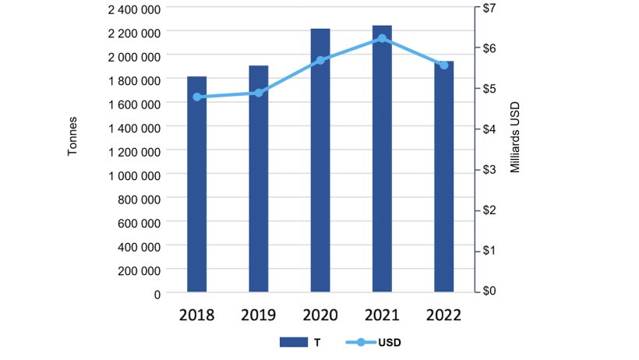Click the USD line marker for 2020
click(320, 60)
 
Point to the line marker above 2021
click(382, 38)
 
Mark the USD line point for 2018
click(196, 97)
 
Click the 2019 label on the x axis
click(258, 315)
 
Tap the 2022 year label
click(443, 315)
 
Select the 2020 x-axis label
click(320, 315)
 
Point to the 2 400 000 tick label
click(133, 9)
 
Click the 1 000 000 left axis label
click(133, 175)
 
